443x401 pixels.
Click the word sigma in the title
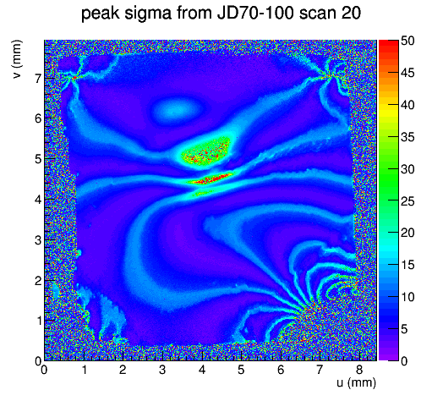click(148, 14)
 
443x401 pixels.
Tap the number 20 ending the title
click(351, 13)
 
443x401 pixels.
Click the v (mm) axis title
click(17, 59)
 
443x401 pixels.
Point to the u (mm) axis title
click(356, 382)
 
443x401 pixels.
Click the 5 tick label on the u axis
click(241, 370)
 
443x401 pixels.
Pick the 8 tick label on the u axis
click(358, 370)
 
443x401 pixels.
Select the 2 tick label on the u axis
click(123, 370)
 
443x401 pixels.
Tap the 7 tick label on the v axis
click(38, 79)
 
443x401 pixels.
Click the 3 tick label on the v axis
click(38, 240)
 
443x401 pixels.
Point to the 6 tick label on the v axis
click(38, 118)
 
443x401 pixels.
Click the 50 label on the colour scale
click(407, 41)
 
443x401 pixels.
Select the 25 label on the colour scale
click(407, 201)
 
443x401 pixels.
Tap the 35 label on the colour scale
click(407, 137)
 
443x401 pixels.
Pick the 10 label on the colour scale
click(407, 297)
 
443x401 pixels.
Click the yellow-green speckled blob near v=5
click(205, 151)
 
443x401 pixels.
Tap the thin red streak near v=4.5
click(211, 179)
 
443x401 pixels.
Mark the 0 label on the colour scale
click(404, 361)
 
